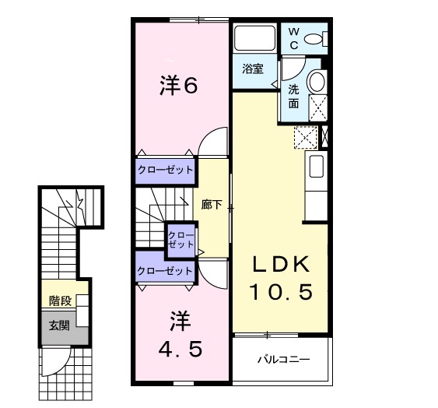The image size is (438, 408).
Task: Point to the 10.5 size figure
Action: pos(281,292)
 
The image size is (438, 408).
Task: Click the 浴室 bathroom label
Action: pos(251,68)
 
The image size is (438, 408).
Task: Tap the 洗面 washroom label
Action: pos(294,96)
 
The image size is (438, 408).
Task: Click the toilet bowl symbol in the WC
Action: pos(314,39)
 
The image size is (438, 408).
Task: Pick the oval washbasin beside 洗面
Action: pos(317,81)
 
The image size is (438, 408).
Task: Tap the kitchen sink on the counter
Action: pos(317,167)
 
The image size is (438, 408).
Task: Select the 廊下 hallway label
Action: pos(212,206)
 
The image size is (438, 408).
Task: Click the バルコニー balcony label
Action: pos(284,361)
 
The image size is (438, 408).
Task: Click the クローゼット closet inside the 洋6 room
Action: pos(165,171)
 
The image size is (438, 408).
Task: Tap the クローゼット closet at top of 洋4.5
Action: pos(165,271)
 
